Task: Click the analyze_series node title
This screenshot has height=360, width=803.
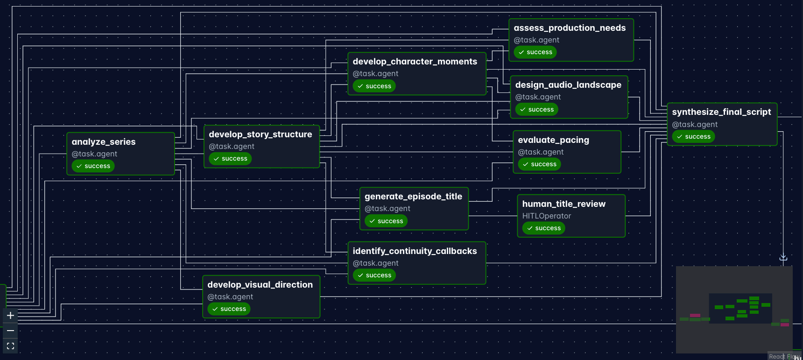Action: coord(104,142)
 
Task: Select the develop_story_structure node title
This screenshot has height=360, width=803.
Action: coord(261,134)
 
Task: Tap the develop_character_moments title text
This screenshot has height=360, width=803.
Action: coord(415,62)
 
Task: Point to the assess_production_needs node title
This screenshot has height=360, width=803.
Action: coord(570,28)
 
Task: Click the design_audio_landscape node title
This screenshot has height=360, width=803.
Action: coord(568,85)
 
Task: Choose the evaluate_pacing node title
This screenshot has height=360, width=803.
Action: coord(553,140)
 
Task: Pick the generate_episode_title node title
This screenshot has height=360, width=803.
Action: coord(413,197)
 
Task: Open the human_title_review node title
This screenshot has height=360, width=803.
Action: coord(564,204)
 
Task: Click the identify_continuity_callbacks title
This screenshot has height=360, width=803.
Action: coord(415,251)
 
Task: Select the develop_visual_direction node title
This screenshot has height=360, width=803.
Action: coord(260,285)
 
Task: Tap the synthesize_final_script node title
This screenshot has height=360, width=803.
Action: coord(721,112)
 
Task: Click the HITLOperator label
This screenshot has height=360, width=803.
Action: coord(546,216)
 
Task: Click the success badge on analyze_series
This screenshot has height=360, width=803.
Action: coord(93,166)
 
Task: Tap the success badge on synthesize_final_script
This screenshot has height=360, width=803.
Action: coord(693,137)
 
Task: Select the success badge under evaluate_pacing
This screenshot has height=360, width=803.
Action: coord(539,164)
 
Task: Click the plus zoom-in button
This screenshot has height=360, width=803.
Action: coord(10,316)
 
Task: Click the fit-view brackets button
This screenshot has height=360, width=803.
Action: coord(10,346)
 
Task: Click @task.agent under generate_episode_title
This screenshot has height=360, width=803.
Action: coord(387,209)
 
